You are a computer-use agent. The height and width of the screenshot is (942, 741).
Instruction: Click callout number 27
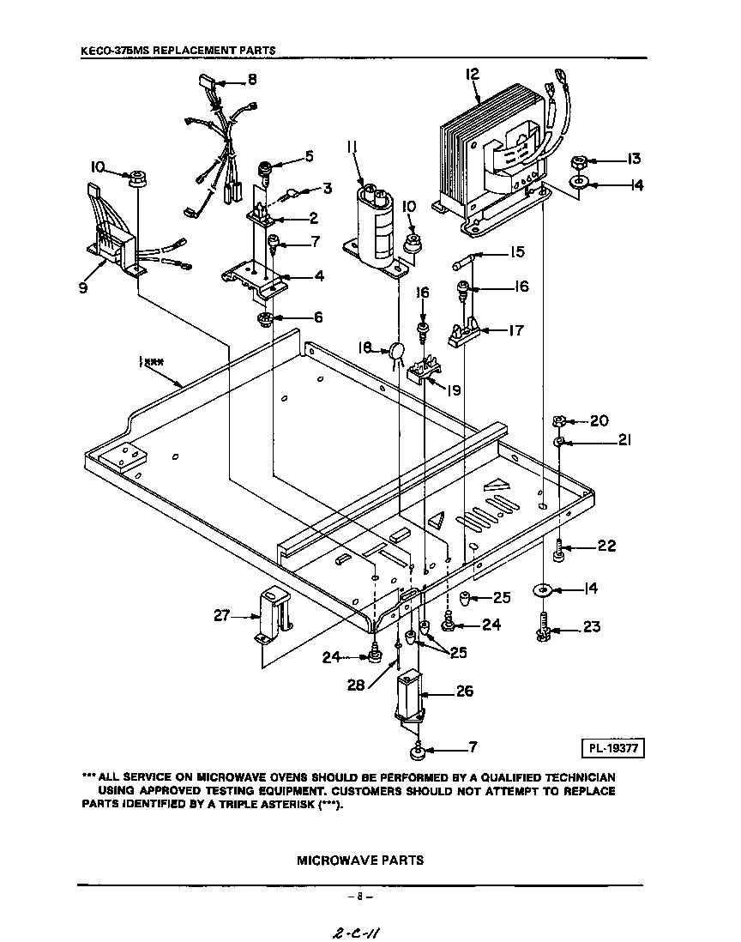pyautogui.click(x=222, y=614)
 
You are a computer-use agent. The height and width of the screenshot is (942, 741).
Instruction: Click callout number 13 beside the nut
pyautogui.click(x=634, y=159)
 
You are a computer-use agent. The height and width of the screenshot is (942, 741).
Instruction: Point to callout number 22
pyautogui.click(x=605, y=546)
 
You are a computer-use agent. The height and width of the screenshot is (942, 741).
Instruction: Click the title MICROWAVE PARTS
pyautogui.click(x=360, y=860)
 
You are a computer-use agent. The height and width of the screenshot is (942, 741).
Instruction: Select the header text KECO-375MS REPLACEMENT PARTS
pyautogui.click(x=178, y=51)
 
